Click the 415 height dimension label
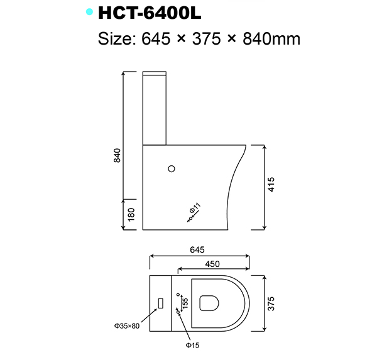(271, 185)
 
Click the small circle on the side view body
(171, 168)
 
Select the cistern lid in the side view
(156, 72)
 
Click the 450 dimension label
(213, 264)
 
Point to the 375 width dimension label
(271, 304)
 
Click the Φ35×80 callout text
(128, 325)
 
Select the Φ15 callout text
(192, 345)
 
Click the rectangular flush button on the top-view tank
(161, 303)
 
